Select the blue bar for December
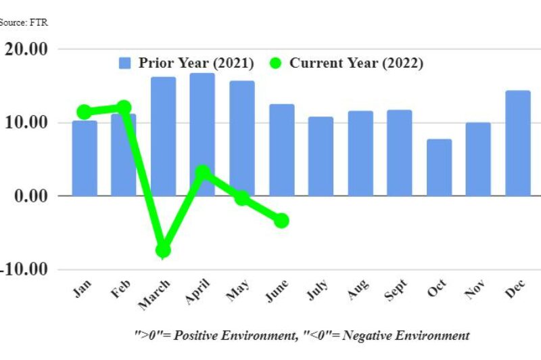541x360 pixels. point(517,143)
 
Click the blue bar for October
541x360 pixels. point(439,167)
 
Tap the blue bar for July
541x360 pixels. point(321,156)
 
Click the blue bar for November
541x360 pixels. point(478,159)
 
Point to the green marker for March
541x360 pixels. point(163,250)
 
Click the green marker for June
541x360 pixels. point(281,221)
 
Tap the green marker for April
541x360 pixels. point(202,173)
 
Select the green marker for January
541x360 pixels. point(85,112)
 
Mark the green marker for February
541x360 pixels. point(124,108)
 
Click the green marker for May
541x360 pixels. point(242,198)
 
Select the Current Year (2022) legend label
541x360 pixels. point(356,64)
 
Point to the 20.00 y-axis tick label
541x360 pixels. point(25,49)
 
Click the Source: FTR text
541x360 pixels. point(24,22)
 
